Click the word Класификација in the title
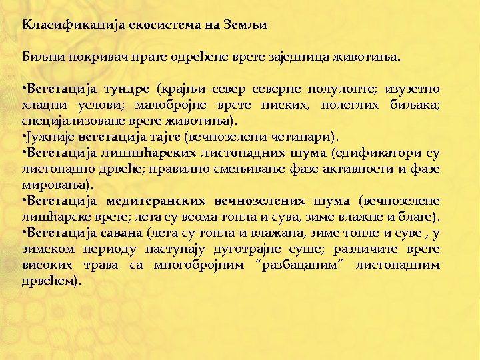click(x=59, y=26)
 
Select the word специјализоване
click(x=66, y=121)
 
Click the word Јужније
click(x=48, y=138)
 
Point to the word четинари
click(x=304, y=138)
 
